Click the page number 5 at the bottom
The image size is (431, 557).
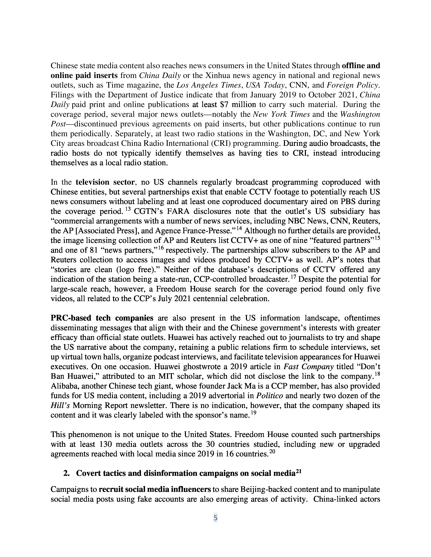pos(215,518)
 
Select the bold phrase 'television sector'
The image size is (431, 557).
pos(105,182)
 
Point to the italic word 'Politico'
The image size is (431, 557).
pos(269,396)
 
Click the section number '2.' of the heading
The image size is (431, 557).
pos(67,473)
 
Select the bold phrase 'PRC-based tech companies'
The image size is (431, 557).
pos(102,318)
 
